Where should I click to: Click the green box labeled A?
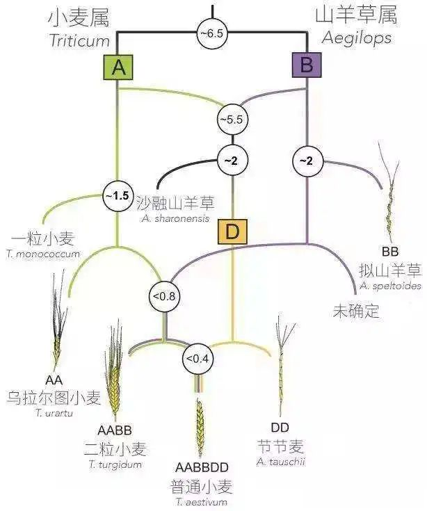(x=118, y=67)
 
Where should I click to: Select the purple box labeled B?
(x=307, y=65)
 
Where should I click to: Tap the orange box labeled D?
(x=232, y=232)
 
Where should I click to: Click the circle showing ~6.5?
(x=212, y=33)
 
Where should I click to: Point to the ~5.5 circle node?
(x=232, y=120)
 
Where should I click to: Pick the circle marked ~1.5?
(x=118, y=196)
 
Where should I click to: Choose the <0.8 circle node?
(x=165, y=296)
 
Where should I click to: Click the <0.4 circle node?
(x=198, y=359)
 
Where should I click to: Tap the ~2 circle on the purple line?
(x=307, y=161)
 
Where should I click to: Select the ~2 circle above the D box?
(x=232, y=161)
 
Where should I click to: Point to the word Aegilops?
(x=357, y=39)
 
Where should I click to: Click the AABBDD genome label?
(x=202, y=468)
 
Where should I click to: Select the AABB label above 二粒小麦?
(x=115, y=430)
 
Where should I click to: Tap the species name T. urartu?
(x=54, y=413)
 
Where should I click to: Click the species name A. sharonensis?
(x=175, y=218)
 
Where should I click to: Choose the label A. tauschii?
(x=281, y=462)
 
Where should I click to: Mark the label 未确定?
(x=356, y=311)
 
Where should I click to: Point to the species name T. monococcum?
(x=42, y=254)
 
